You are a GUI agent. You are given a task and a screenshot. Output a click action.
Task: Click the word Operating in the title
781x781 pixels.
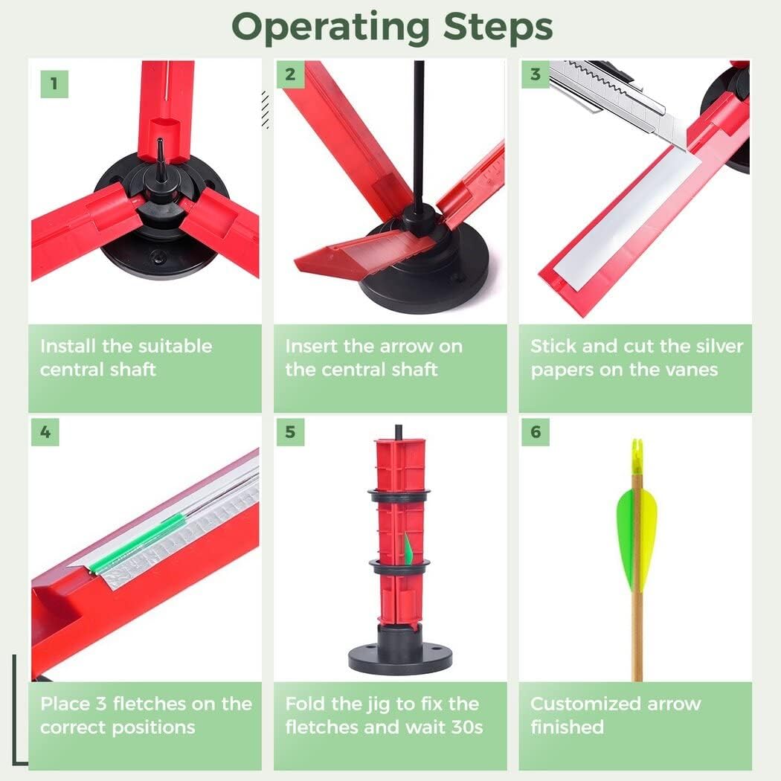[x=332, y=28]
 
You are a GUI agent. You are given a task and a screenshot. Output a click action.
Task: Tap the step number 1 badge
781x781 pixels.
[x=54, y=83]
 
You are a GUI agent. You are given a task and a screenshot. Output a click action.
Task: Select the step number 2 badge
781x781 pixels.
[x=290, y=74]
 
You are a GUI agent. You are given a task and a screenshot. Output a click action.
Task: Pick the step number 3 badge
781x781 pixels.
[x=535, y=74]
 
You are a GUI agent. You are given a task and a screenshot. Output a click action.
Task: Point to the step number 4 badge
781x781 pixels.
[x=45, y=432]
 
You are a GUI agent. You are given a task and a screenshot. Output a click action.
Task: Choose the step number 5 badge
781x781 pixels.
[x=290, y=432]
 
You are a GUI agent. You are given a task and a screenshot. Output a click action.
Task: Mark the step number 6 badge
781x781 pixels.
[x=536, y=432]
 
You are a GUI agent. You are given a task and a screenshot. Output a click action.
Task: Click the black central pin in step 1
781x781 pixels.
[x=159, y=152]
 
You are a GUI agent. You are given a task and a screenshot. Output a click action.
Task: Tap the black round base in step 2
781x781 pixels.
[x=424, y=275]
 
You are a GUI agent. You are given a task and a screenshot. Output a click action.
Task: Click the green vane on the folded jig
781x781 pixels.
[x=408, y=550]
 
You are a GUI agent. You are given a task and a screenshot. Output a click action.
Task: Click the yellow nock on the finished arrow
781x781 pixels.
[x=636, y=455]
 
